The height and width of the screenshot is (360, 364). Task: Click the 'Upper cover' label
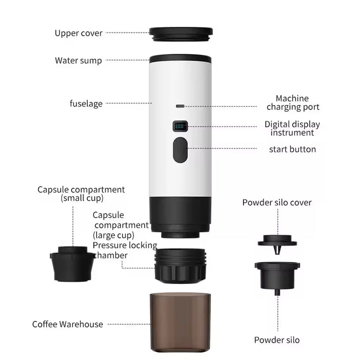coord(78,33)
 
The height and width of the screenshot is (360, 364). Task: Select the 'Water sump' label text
coord(78,61)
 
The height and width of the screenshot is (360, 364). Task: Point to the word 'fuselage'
coord(86,104)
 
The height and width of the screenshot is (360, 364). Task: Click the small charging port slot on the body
coord(180,106)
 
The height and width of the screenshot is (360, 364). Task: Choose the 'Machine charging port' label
coord(293,103)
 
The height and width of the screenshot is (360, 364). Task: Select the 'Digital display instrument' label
coord(292,129)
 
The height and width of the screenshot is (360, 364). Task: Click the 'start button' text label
coord(292,149)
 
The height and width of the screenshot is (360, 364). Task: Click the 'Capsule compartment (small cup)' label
coord(81,194)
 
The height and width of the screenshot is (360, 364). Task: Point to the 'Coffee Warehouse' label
coord(67,324)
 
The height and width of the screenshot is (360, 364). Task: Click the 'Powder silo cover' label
coord(277,202)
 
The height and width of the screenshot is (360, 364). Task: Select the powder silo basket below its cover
coord(277,275)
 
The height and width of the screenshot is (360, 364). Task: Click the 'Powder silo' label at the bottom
coord(277,340)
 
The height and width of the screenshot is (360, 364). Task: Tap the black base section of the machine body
coord(180,213)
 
